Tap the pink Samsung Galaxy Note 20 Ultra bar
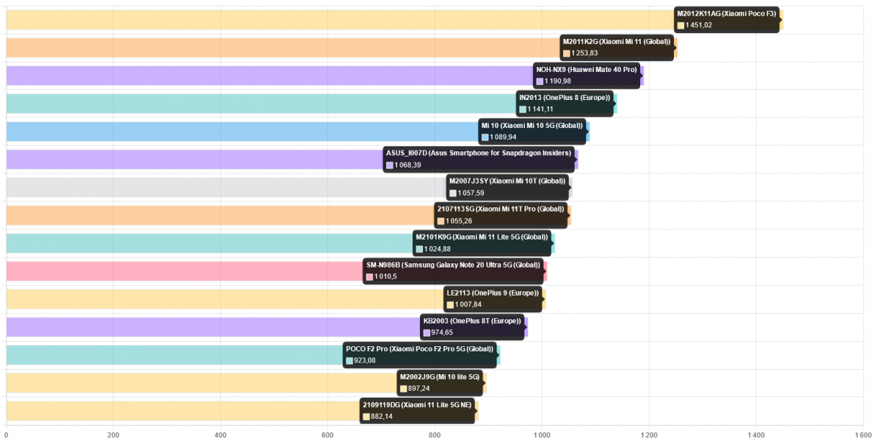tap(184, 271)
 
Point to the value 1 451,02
tap(699, 26)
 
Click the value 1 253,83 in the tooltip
tap(584, 54)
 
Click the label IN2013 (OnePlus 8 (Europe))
tap(564, 98)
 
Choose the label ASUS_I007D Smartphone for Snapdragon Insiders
tap(478, 154)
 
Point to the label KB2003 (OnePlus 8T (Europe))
tap(472, 321)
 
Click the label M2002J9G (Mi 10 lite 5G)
tap(439, 377)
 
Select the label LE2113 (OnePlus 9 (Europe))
tap(493, 293)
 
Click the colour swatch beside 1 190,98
tap(540, 82)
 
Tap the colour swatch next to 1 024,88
tap(419, 249)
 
